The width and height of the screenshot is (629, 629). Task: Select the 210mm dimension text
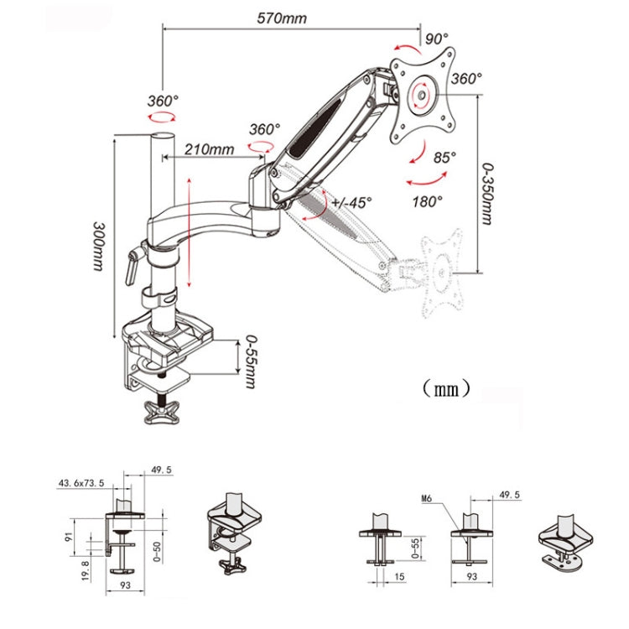pyautogui.click(x=210, y=150)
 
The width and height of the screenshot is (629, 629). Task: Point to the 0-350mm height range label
pyautogui.click(x=487, y=194)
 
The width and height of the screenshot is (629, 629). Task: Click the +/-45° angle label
pyautogui.click(x=351, y=202)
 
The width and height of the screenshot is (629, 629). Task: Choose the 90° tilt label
pyautogui.click(x=436, y=39)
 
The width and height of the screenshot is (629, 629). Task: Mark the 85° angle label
pyautogui.click(x=444, y=157)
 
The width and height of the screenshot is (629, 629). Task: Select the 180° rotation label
pyautogui.click(x=428, y=201)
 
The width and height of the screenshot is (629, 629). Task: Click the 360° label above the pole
pyautogui.click(x=162, y=100)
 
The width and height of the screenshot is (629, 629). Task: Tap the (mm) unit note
pyautogui.click(x=444, y=388)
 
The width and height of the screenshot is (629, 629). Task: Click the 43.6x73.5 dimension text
pyautogui.click(x=81, y=483)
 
